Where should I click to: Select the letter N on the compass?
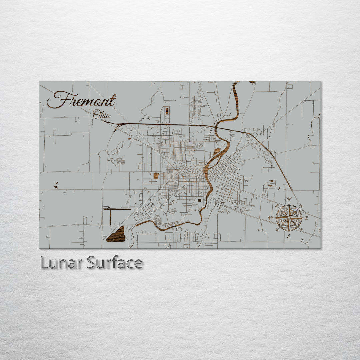289,199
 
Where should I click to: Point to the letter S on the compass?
289,236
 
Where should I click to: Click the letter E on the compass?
307,218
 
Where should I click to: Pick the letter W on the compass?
271,218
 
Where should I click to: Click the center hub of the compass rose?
289,218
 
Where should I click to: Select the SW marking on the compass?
277,230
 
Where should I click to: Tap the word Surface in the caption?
115,263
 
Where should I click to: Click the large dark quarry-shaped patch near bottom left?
116,235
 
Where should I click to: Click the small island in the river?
217,152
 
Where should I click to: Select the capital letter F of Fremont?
57,100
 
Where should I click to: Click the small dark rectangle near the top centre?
167,110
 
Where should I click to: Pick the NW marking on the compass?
277,206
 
